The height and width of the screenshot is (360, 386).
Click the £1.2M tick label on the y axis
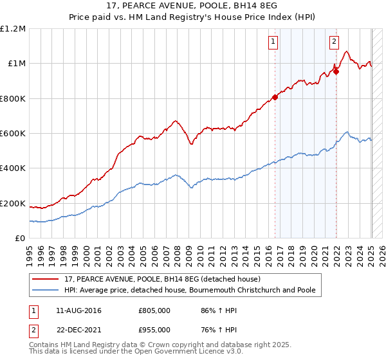click(13, 29)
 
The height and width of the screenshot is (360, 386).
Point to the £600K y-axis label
click(13, 134)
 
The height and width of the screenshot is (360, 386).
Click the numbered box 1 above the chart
click(273, 42)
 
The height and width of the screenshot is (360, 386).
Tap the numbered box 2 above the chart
click(335, 42)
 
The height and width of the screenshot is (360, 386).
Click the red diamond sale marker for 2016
click(275, 97)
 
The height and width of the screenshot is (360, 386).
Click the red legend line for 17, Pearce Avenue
click(46, 280)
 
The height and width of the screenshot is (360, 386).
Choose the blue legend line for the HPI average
click(46, 291)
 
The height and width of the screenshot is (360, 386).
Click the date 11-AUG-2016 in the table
click(78, 311)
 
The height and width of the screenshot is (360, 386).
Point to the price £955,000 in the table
click(154, 330)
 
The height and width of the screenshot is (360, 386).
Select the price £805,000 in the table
click(154, 311)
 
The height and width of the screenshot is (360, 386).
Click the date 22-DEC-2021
click(78, 330)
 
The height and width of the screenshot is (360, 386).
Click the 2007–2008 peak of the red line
click(175, 120)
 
